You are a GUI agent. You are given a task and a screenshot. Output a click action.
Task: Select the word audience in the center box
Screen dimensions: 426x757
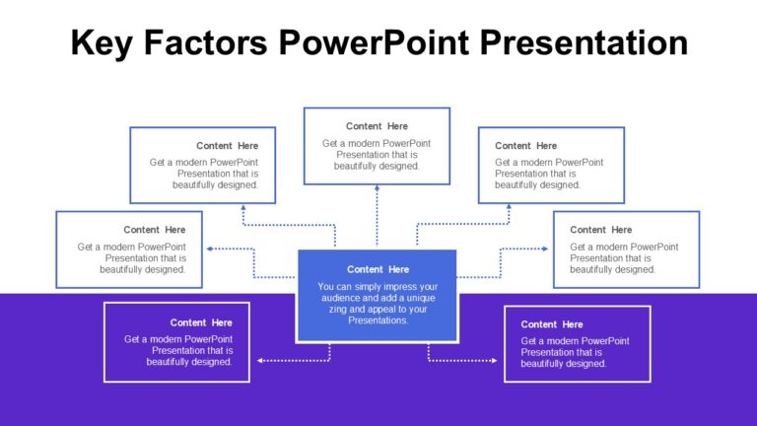tap(341, 298)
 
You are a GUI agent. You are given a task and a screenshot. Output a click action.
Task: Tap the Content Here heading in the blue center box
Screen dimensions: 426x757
tap(378, 269)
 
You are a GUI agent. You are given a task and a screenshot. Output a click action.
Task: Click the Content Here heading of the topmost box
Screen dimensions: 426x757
tap(377, 126)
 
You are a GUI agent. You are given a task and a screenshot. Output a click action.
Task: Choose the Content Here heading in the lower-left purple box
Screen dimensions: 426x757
tap(201, 322)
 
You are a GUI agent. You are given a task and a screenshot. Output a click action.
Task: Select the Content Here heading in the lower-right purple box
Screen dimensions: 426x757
tap(552, 324)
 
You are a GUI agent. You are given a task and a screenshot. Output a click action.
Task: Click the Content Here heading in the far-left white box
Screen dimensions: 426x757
tap(155, 230)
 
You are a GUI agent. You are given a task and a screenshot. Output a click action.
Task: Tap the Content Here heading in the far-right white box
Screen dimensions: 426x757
tap(601, 230)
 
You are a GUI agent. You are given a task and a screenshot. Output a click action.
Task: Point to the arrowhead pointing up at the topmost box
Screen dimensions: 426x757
tap(377, 188)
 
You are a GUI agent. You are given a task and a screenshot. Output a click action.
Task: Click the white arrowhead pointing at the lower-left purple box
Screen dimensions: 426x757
tap(260, 361)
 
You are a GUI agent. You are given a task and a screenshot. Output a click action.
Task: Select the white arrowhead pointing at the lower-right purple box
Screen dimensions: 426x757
tap(494, 361)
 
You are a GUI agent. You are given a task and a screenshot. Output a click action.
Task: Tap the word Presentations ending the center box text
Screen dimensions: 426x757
tap(378, 320)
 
